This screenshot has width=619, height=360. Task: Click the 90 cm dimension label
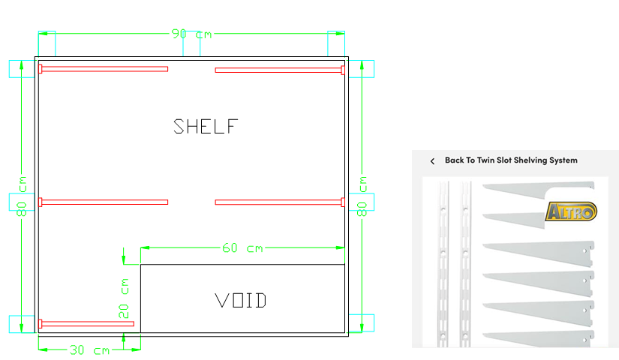tap(191, 34)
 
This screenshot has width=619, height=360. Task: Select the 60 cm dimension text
tap(243, 248)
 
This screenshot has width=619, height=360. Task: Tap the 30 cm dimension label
tap(89, 350)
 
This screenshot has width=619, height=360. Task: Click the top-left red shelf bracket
tap(104, 69)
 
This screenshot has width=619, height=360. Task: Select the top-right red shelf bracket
tap(280, 70)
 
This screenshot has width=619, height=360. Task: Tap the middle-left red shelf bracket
tap(104, 202)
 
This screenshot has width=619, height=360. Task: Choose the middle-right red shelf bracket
tap(280, 202)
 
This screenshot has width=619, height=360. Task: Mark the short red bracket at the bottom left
tap(86, 324)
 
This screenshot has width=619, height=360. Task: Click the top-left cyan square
tap(22, 68)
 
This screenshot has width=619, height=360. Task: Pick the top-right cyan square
tap(362, 68)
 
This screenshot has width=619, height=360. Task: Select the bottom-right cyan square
tap(362, 323)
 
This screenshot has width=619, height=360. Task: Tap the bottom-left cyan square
tap(22, 324)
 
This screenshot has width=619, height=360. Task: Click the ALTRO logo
tap(571, 211)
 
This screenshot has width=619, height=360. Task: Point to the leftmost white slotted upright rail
tap(444, 262)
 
